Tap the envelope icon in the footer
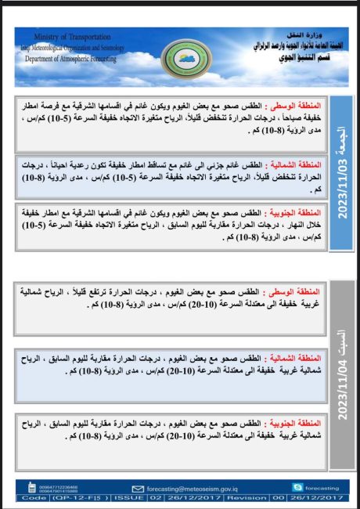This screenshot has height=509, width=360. pos(139,486)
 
